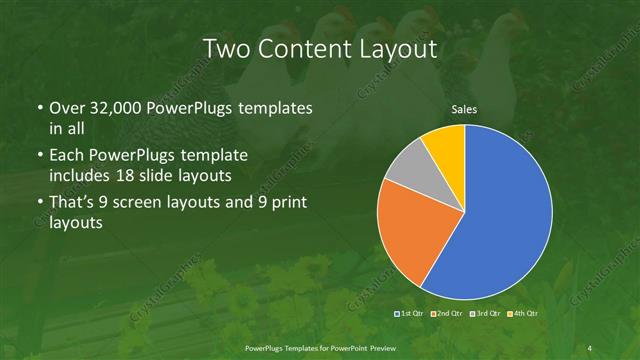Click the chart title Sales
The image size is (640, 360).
pyautogui.click(x=464, y=109)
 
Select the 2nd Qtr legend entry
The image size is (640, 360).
pyautogui.click(x=446, y=315)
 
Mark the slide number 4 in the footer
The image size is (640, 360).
pyautogui.click(x=591, y=347)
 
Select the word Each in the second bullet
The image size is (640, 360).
pyautogui.click(x=66, y=155)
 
